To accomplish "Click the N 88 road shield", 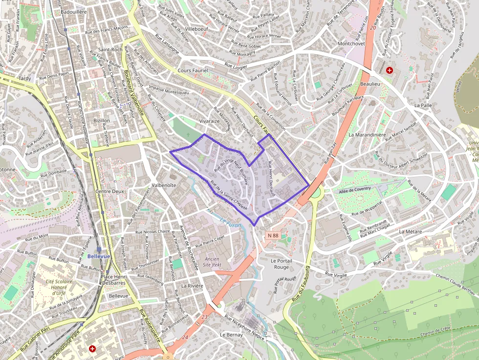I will [273, 235].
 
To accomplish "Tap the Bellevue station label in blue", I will [99, 256].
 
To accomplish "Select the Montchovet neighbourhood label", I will [351, 43].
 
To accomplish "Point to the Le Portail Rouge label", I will [282, 264].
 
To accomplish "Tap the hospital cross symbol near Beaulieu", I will [389, 70].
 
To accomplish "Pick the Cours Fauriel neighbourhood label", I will [192, 71].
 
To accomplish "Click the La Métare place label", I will [410, 231].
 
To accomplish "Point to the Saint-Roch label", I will [110, 50].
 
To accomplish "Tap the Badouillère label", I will [74, 11].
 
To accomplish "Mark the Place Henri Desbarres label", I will [113, 280].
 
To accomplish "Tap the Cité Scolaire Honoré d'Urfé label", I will [59, 287].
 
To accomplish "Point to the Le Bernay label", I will [231, 335].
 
